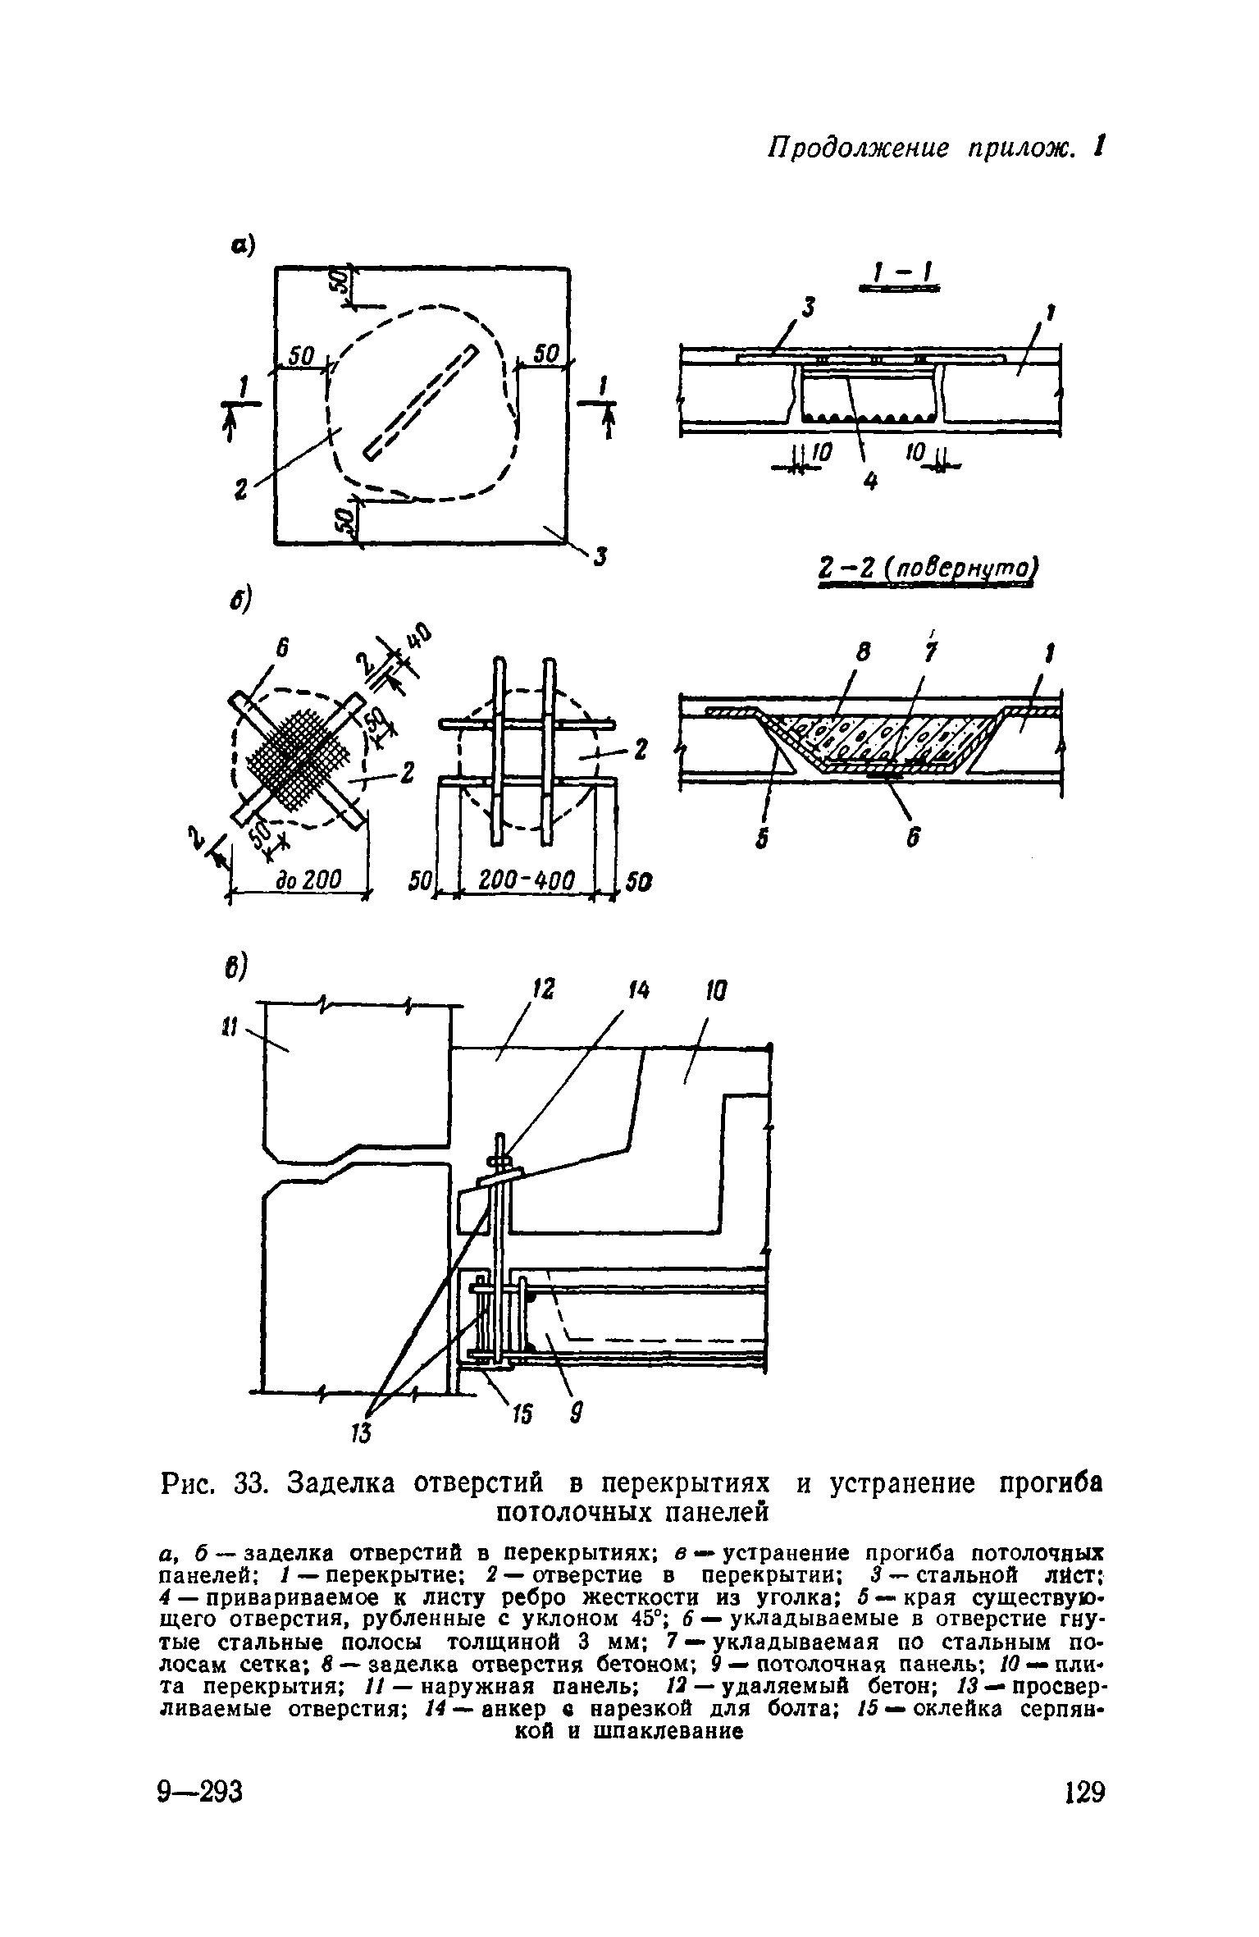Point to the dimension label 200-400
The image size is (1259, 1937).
click(526, 881)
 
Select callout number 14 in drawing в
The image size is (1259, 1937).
click(638, 992)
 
